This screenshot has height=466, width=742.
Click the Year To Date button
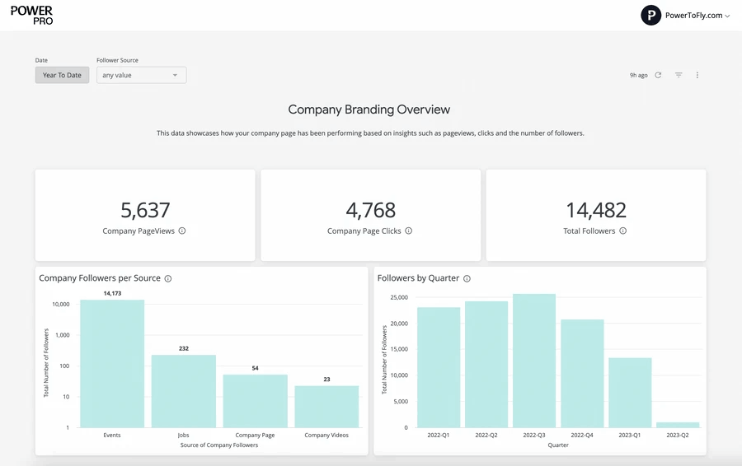pyautogui.click(x=62, y=75)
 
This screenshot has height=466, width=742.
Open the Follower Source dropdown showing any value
pyautogui.click(x=141, y=75)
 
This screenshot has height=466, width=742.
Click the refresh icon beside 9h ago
pyautogui.click(x=658, y=75)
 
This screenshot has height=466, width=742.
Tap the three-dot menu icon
pyautogui.click(x=697, y=75)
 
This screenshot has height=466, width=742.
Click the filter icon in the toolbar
pyautogui.click(x=679, y=75)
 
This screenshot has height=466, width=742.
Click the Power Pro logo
pyautogui.click(x=32, y=15)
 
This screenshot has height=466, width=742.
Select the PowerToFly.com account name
pyautogui.click(x=693, y=16)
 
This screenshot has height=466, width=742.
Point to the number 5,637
pyautogui.click(x=145, y=210)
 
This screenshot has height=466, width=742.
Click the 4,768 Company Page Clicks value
pyautogui.click(x=370, y=210)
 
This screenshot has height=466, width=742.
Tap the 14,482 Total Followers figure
pyautogui.click(x=595, y=210)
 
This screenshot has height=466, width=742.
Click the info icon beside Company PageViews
pyautogui.click(x=182, y=231)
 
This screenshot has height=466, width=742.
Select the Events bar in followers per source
pyautogui.click(x=112, y=362)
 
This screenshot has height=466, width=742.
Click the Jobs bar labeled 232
pyautogui.click(x=183, y=390)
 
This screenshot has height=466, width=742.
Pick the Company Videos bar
pyautogui.click(x=326, y=406)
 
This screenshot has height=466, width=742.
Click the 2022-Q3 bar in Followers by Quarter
pyautogui.click(x=534, y=361)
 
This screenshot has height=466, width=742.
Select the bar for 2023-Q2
pyautogui.click(x=678, y=425)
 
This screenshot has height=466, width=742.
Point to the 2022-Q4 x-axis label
pyautogui.click(x=582, y=435)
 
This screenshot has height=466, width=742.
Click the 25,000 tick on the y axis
pyautogui.click(x=399, y=297)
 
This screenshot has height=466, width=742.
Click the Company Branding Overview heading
pyautogui.click(x=369, y=110)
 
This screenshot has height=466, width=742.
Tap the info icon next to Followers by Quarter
pyautogui.click(x=467, y=279)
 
